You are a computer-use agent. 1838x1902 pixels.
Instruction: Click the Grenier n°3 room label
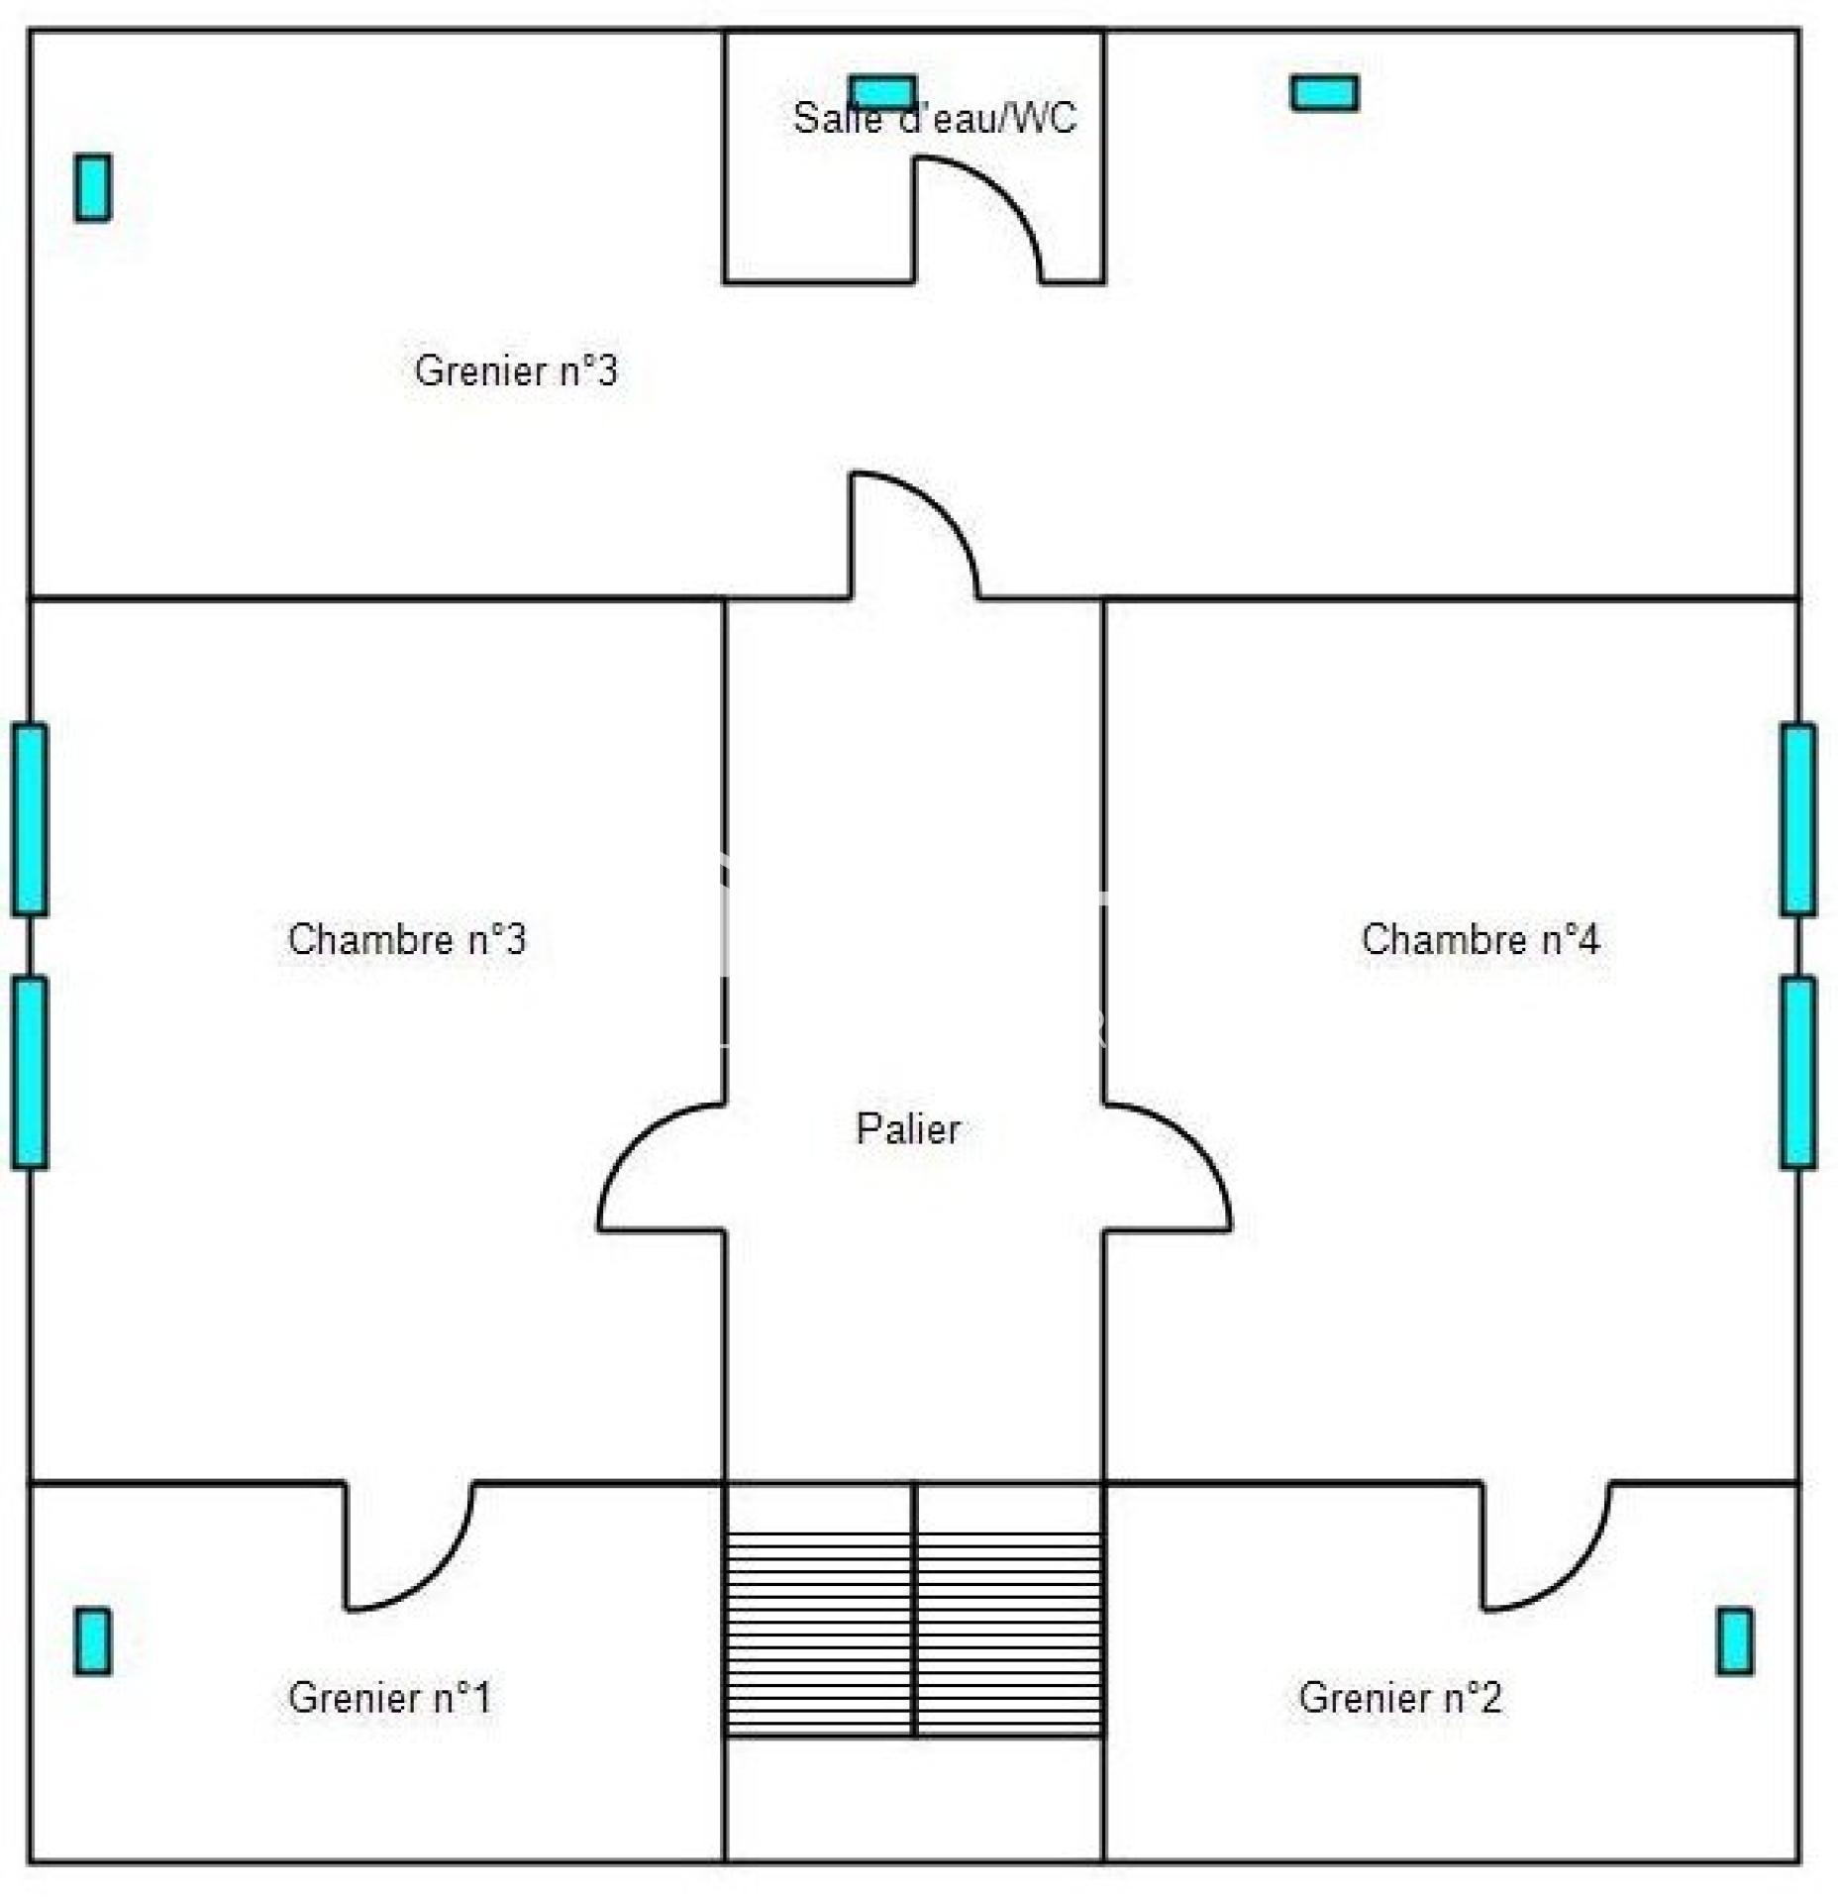(515, 370)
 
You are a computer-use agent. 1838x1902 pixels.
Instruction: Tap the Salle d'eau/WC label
(934, 118)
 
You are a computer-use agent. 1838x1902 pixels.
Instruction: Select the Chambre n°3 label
(406, 939)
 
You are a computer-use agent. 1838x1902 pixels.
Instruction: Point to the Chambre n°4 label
(1480, 939)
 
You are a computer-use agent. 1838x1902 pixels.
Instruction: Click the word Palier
(908, 1129)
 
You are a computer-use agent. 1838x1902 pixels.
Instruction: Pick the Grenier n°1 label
(389, 1698)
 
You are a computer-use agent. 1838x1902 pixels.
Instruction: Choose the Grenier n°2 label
(1400, 1698)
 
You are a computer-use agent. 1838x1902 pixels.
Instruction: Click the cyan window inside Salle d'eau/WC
(883, 92)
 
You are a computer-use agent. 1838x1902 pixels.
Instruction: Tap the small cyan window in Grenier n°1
(93, 1641)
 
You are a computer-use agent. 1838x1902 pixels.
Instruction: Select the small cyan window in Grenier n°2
(1735, 1641)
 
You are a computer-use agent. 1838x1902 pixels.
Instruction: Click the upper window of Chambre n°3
(30, 820)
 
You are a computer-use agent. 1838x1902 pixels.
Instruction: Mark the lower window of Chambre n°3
(30, 1073)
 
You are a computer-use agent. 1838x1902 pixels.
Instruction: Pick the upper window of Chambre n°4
(1798, 820)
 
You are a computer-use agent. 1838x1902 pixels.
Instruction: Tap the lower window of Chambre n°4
(1798, 1073)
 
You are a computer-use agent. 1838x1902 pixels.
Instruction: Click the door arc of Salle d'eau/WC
(977, 220)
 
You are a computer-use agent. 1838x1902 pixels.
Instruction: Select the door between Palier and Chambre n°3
(662, 1167)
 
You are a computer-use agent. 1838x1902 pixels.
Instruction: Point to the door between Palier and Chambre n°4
(1168, 1167)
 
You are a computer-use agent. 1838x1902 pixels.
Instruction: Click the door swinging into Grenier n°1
(409, 1546)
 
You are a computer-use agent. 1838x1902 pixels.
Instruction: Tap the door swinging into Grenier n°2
(1546, 1546)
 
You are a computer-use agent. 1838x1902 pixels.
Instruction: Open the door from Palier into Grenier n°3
(915, 535)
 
